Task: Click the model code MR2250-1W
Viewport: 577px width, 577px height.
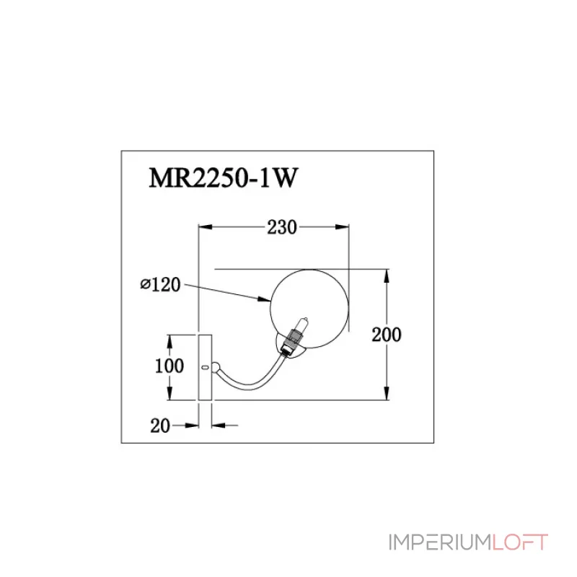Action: point(222,178)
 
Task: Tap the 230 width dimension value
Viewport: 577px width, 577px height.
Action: point(281,228)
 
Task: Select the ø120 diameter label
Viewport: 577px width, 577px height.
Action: point(159,285)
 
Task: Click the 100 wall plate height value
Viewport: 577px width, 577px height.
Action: point(169,366)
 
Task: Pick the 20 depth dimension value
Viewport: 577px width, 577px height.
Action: point(160,426)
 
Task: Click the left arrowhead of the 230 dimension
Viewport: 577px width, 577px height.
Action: point(204,228)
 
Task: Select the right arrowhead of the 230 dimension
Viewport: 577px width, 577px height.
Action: point(345,228)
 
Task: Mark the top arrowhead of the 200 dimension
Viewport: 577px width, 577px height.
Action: point(389,275)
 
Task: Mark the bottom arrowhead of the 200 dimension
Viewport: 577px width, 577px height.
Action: point(389,395)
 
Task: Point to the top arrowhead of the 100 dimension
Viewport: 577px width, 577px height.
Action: point(169,338)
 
